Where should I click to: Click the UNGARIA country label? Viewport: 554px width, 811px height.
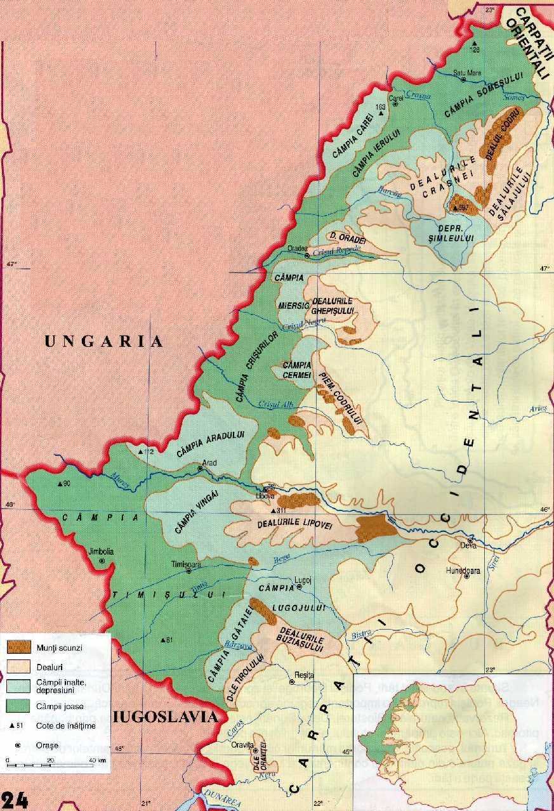[104, 341]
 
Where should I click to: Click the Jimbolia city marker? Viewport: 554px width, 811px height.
[102, 561]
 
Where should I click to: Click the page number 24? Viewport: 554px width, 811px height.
[15, 800]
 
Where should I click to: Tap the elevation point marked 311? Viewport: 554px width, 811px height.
[274, 511]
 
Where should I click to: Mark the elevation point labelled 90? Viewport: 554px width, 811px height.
[60, 484]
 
